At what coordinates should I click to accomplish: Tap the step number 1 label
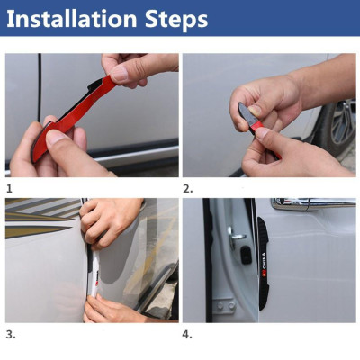tap(9, 189)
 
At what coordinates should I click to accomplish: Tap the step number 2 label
tap(188, 189)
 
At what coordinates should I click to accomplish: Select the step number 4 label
tap(188, 334)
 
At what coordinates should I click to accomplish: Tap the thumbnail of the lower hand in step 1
tap(56, 136)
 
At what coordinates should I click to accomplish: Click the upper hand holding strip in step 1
tap(135, 68)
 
